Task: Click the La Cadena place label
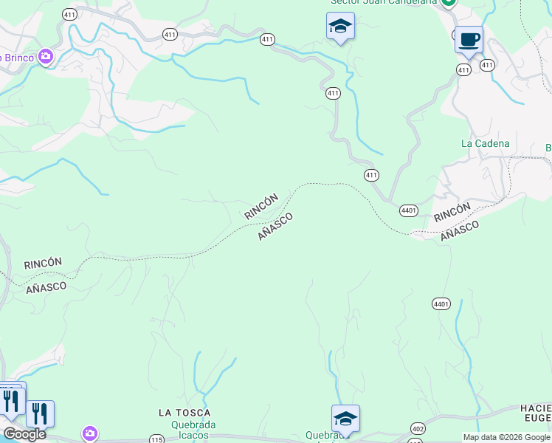(485, 143)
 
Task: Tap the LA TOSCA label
(184, 413)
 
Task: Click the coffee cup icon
(468, 39)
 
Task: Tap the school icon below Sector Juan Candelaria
(340, 26)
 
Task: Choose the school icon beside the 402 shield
(345, 419)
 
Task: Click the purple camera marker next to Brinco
(46, 56)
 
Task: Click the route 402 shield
(418, 428)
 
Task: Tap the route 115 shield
(156, 439)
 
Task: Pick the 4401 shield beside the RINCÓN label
(409, 210)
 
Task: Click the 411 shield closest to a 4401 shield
(371, 175)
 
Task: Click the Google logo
(24, 434)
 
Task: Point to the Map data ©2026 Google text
(506, 437)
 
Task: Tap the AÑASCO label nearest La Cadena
(460, 230)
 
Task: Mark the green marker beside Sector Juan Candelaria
(448, 2)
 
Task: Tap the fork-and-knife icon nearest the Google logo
(39, 413)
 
